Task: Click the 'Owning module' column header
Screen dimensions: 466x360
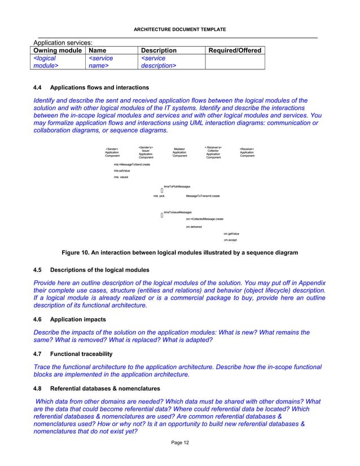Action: (x=57, y=51)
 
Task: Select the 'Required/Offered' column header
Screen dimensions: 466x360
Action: (x=235, y=51)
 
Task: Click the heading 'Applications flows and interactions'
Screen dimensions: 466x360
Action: (x=99, y=88)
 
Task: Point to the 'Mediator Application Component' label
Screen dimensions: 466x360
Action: (x=179, y=152)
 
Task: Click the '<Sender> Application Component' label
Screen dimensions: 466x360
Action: (x=112, y=152)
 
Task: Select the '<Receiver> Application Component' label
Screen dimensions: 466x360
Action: (x=247, y=152)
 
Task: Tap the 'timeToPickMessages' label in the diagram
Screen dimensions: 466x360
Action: (x=177, y=186)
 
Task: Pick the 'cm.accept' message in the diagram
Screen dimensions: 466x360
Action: (x=230, y=240)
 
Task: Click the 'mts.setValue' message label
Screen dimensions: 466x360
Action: (x=121, y=170)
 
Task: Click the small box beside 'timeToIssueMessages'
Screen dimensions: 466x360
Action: (x=162, y=216)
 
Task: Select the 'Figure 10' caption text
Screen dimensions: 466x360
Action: (x=179, y=253)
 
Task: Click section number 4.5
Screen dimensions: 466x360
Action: (x=38, y=270)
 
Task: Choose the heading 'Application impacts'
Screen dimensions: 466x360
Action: (x=77, y=319)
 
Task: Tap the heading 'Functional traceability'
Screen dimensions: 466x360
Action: (x=81, y=354)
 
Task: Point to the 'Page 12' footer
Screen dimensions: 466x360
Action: (x=180, y=442)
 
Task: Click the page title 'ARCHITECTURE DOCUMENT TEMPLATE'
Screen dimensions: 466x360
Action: (x=179, y=29)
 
